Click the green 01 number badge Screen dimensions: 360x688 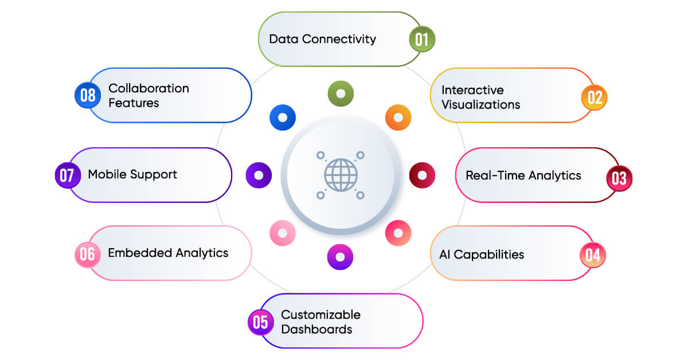point(421,40)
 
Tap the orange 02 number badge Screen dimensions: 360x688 point(595,97)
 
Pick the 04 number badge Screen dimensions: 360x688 point(593,255)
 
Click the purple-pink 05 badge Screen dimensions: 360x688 point(260,322)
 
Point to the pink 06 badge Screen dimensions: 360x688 point(87,254)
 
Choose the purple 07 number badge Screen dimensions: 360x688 point(67,175)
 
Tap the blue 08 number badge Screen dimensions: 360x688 point(88,95)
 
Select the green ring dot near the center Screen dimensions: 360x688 point(341,93)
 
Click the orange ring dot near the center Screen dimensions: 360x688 point(398,118)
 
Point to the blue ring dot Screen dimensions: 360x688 point(283,118)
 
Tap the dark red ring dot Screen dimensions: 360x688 point(422,175)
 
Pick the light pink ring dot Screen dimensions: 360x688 point(283,233)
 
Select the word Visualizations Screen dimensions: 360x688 point(480,105)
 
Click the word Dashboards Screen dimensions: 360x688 point(316,330)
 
